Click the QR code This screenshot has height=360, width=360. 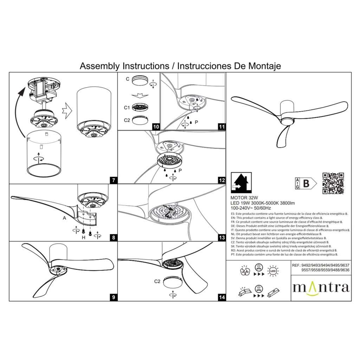(333, 183)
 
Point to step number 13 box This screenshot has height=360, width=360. (221, 238)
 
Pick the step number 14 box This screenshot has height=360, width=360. (221, 297)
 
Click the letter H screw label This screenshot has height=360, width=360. (83, 238)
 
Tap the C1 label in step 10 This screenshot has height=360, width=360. (127, 107)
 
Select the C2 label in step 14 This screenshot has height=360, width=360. (157, 281)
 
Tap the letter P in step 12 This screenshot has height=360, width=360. (180, 171)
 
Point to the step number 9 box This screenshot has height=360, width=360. (113, 297)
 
